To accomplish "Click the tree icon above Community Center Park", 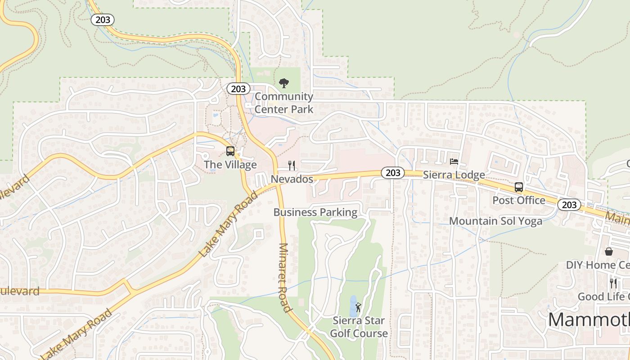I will [x=283, y=83].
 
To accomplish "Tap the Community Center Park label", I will [x=283, y=103].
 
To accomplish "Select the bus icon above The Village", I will [x=230, y=151].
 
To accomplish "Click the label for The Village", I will [x=230, y=165].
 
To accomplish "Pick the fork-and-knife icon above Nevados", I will [x=292, y=166].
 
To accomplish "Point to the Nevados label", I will [x=292, y=179].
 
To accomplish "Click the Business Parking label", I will [x=315, y=212].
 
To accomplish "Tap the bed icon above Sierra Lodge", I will [x=454, y=162].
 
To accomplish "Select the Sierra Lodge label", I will [x=454, y=175].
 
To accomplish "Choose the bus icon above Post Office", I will [x=518, y=187].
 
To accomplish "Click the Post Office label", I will [x=518, y=200].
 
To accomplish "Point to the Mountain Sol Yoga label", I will [x=495, y=221].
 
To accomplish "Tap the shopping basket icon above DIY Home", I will [x=609, y=252].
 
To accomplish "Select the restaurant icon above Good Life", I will [x=613, y=283].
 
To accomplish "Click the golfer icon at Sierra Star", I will [x=358, y=308].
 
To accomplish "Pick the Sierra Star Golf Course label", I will [x=359, y=327].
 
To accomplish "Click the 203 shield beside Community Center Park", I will [x=238, y=89].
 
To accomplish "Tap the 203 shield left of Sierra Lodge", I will [x=392, y=173].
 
